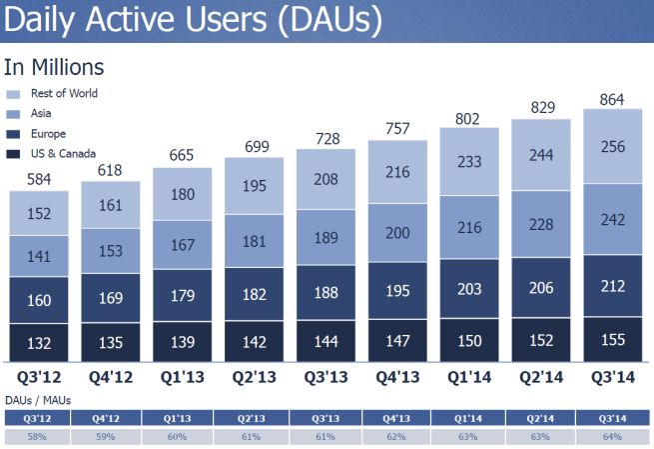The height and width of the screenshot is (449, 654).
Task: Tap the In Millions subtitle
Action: coord(54,68)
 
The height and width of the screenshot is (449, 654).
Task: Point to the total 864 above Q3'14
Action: coord(611,97)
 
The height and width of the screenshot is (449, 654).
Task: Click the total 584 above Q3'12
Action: coord(39,179)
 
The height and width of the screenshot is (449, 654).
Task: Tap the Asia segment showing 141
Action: coord(39,256)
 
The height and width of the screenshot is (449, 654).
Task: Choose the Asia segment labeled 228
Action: coord(540,225)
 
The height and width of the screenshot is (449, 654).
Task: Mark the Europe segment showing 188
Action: coord(327,293)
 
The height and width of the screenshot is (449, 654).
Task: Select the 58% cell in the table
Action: coord(39,436)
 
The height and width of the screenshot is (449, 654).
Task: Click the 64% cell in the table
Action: coord(611,436)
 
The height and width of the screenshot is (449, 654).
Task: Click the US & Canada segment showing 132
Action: coord(39,343)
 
